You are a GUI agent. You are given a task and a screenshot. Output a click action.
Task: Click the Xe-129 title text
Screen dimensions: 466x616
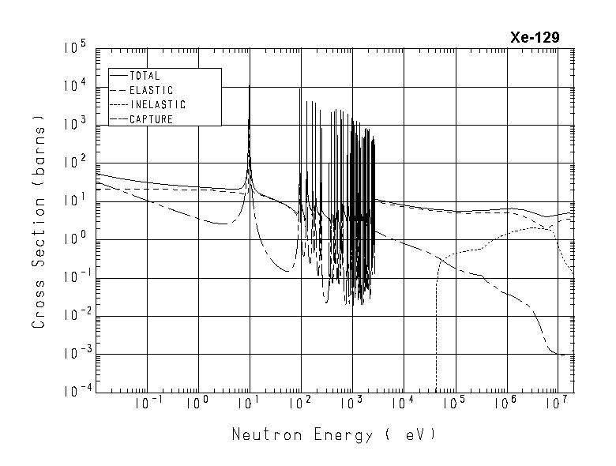[535, 38]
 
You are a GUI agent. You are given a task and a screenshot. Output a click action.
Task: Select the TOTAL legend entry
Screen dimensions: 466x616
[144, 76]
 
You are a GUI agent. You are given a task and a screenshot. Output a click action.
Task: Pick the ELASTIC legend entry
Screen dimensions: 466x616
[150, 90]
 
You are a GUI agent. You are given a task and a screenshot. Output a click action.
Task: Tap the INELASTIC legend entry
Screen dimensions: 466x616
[156, 104]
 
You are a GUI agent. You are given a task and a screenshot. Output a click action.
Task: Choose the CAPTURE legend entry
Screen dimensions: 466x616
[150, 119]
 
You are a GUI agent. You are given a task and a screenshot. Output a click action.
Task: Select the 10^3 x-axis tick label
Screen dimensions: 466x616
[351, 405]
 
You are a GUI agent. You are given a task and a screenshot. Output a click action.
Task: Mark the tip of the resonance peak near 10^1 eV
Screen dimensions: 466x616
[250, 85]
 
